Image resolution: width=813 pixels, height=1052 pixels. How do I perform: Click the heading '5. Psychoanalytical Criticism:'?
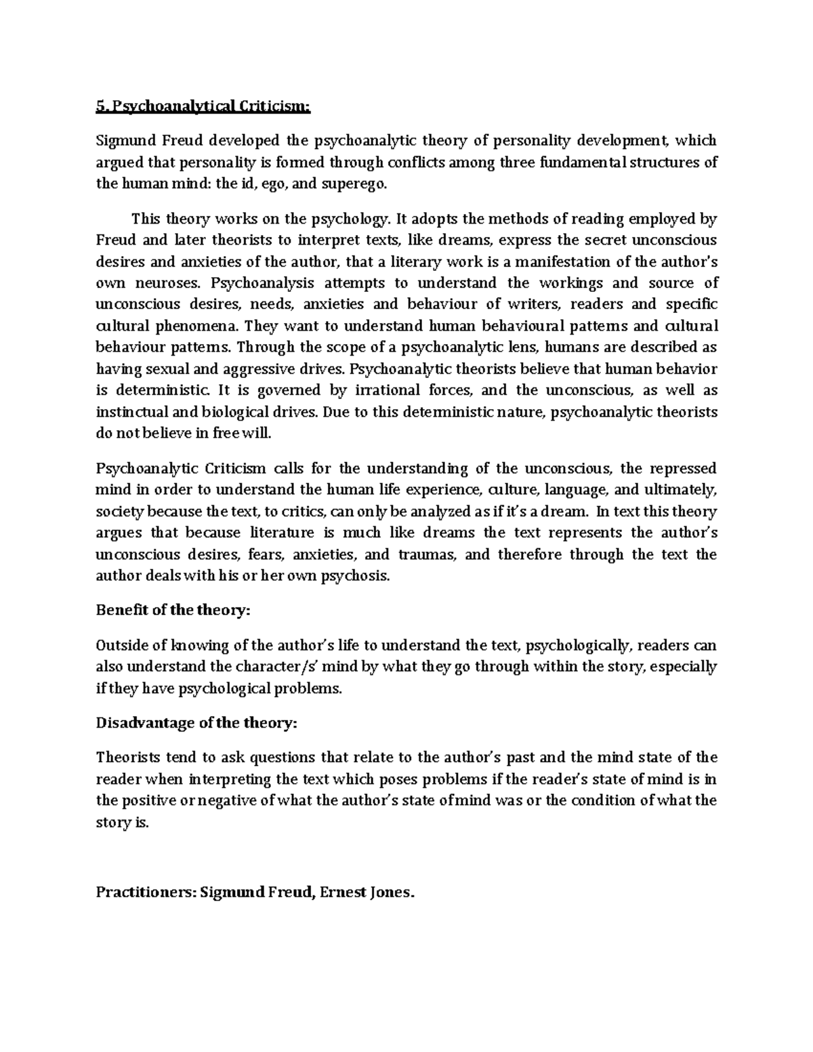tap(203, 106)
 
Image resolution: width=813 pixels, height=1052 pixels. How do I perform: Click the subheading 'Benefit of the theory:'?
tap(173, 610)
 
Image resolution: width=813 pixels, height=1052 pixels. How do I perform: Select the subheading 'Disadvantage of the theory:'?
tap(196, 723)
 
